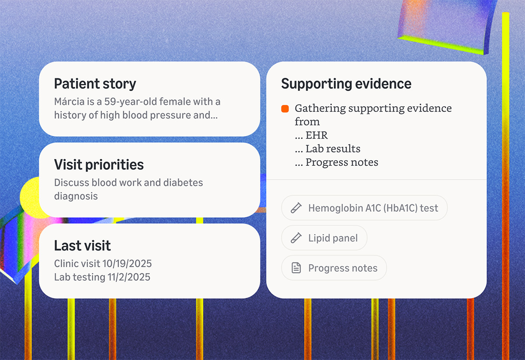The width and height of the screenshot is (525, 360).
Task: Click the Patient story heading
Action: (x=95, y=84)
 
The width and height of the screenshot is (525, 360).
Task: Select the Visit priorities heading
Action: (x=99, y=164)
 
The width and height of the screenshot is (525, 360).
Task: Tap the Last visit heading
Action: (x=82, y=245)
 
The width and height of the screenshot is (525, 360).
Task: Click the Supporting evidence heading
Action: (x=346, y=84)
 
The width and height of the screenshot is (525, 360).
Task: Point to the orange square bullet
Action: (x=285, y=108)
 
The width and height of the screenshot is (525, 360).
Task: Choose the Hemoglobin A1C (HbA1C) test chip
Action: (x=364, y=208)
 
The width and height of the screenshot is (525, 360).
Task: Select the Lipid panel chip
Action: (x=324, y=238)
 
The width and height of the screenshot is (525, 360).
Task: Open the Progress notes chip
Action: (x=334, y=268)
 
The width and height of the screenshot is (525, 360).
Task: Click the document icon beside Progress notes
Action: (x=296, y=268)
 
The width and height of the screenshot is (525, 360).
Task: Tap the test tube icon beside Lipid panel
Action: (x=296, y=238)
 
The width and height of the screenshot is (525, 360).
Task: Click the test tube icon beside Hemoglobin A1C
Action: (x=296, y=208)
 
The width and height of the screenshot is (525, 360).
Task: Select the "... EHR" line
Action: (x=311, y=135)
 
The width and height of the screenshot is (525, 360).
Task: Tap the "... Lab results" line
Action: (x=327, y=149)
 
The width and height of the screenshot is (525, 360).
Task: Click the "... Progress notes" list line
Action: (x=336, y=162)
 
